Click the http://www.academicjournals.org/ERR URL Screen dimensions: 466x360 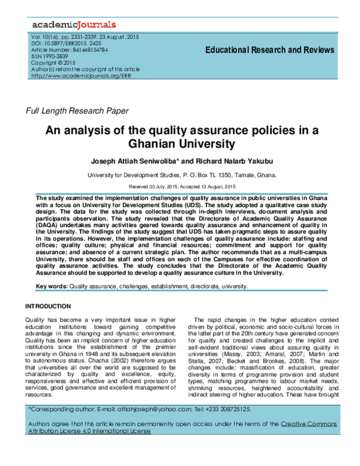pyautogui.click(x=80, y=76)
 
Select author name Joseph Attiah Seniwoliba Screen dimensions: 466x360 pyautogui.click(x=128, y=162)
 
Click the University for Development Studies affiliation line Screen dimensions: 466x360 pyautogui.click(x=182, y=176)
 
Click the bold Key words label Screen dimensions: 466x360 pyautogui.click(x=52, y=288)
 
